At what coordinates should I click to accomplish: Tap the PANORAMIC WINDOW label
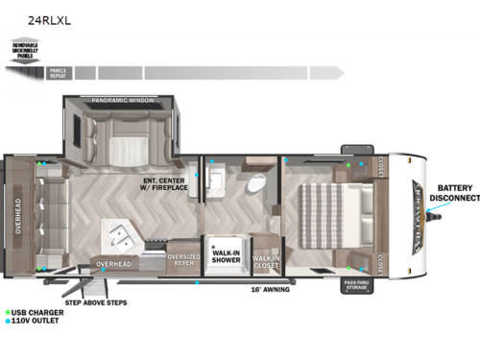point(123,101)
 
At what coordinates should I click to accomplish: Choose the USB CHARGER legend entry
point(35,313)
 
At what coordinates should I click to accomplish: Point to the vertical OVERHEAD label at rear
point(16,216)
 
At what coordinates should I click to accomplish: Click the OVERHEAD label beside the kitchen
point(113,262)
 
